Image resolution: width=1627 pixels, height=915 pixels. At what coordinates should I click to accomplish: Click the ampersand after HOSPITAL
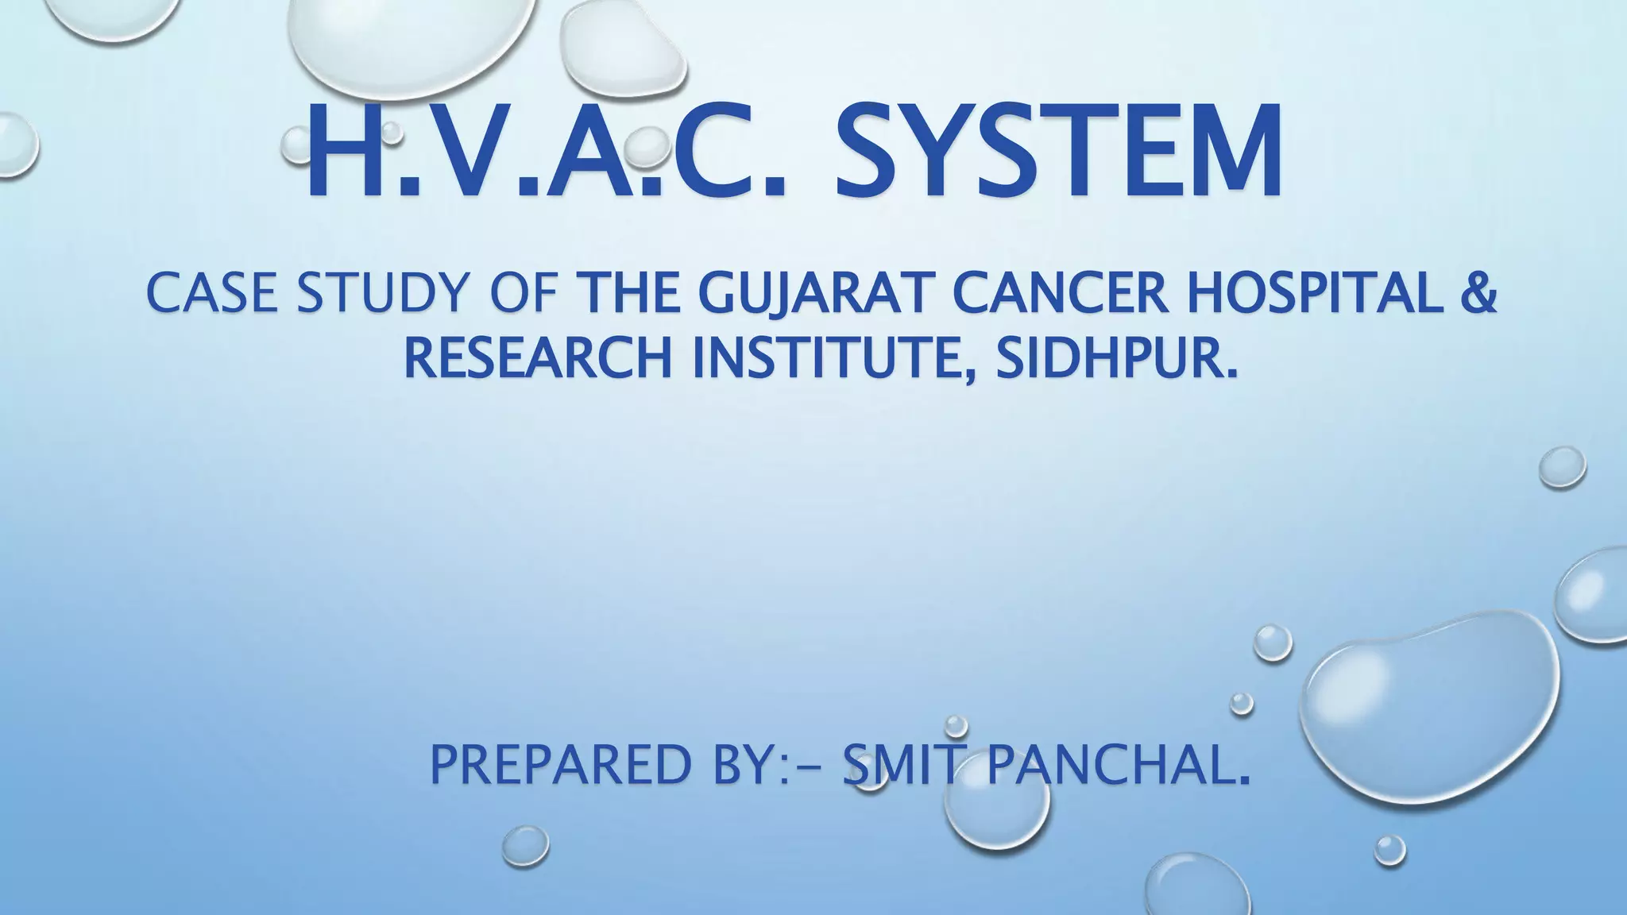pos(1478,293)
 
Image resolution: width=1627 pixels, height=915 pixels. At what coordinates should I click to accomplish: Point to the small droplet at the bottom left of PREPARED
pos(525,846)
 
